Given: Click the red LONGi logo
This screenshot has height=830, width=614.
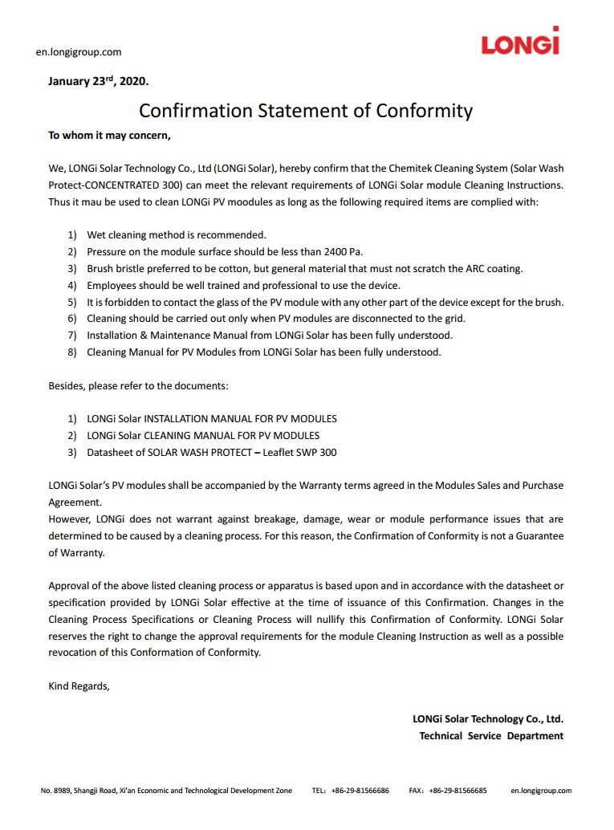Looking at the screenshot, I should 520,41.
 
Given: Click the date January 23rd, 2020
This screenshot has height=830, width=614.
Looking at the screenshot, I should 99,82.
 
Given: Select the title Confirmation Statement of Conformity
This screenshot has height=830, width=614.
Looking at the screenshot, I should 306,110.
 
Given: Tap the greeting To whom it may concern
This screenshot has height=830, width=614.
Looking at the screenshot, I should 110,135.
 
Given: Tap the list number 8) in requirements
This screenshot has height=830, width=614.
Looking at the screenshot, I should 72,352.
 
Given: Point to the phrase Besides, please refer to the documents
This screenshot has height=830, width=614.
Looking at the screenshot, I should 139,386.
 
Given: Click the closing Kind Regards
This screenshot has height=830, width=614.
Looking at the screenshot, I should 79,686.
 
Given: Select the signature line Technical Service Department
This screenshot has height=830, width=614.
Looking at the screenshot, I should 491,736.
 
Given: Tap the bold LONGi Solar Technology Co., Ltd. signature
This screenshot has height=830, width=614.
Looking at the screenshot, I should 488,719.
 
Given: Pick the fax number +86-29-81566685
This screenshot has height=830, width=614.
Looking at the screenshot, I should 457,791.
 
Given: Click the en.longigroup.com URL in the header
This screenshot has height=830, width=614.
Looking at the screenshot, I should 79,52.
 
